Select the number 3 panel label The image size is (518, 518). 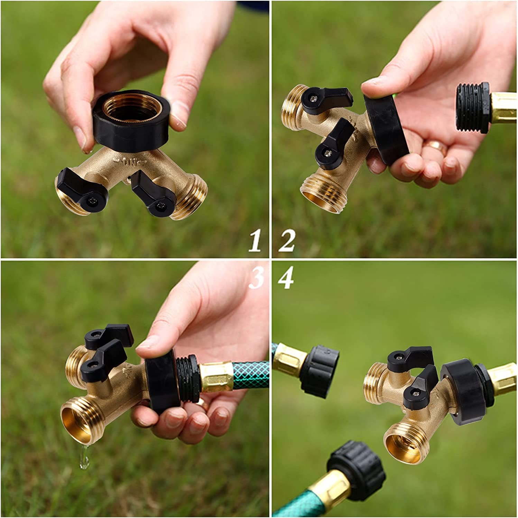[256, 279]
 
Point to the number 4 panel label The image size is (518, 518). [286, 279]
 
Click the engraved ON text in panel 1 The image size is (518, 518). [131, 162]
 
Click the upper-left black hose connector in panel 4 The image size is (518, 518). [318, 368]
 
